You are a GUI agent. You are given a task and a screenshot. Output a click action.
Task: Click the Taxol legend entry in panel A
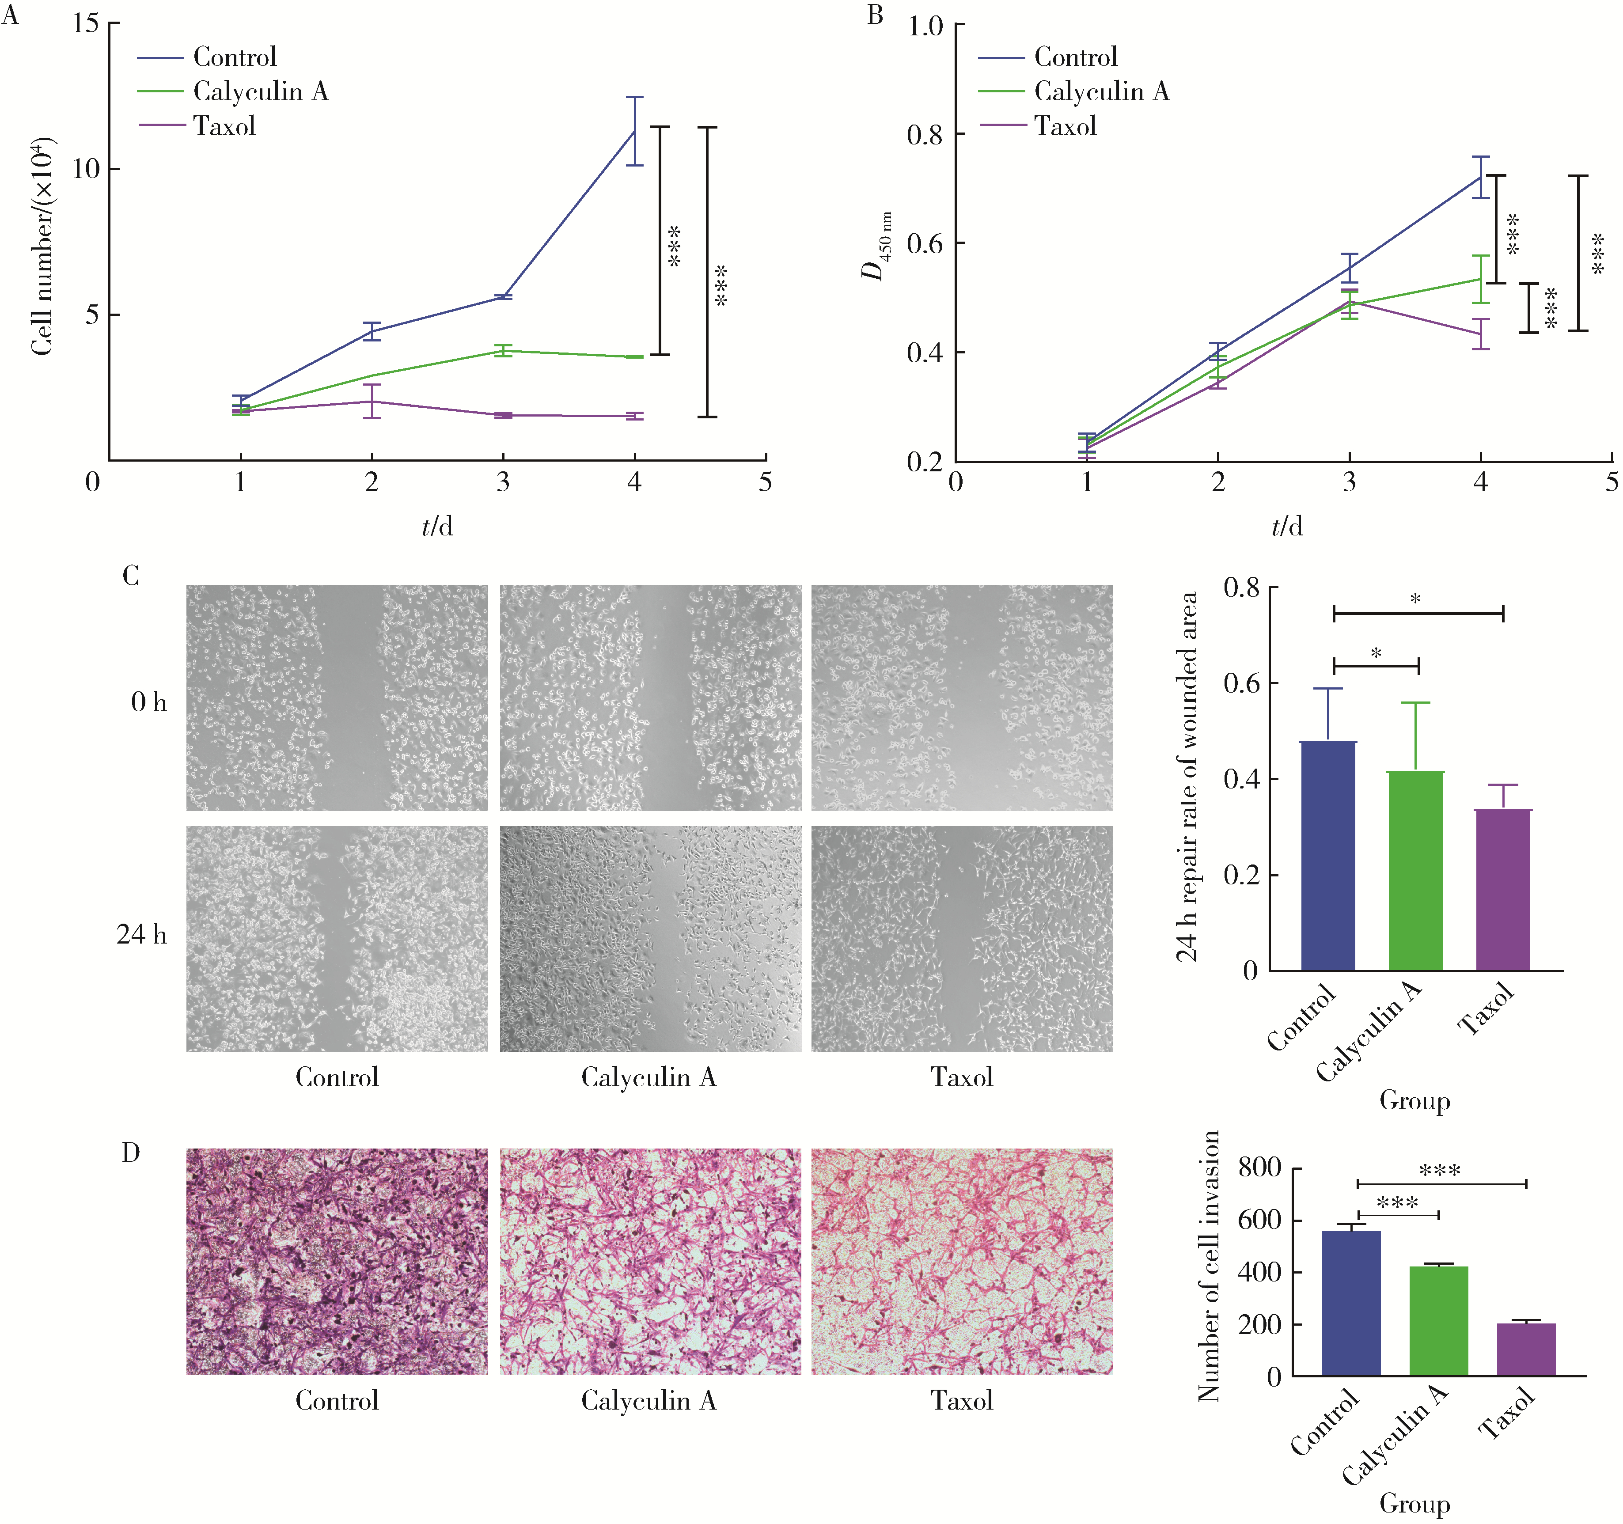[224, 126]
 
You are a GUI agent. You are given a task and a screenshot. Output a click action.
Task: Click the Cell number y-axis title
[42, 245]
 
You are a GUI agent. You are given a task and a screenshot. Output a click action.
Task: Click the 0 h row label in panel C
[148, 702]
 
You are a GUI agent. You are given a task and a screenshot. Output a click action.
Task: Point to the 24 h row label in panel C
[141, 934]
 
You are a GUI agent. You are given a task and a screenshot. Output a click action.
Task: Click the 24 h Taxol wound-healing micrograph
[962, 939]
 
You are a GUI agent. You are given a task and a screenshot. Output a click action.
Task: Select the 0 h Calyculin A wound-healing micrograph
[650, 698]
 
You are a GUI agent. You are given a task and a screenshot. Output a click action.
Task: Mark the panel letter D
[131, 1152]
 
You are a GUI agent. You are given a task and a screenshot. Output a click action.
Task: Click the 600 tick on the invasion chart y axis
[1259, 1220]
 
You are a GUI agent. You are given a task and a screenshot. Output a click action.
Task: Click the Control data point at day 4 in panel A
[634, 131]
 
